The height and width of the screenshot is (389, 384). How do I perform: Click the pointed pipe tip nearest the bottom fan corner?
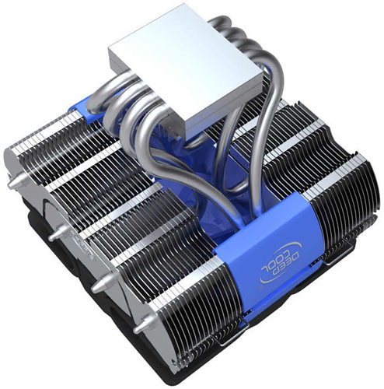(x=139, y=329)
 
